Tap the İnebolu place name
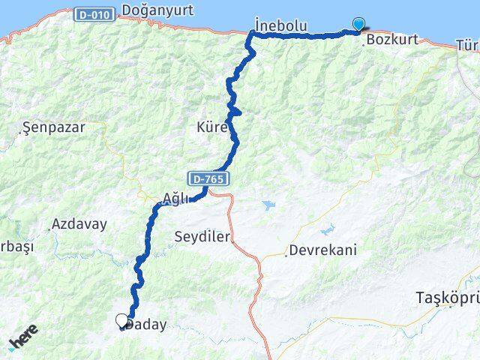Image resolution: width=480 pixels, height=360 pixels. pyautogui.click(x=280, y=25)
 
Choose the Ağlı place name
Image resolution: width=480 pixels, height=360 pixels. pyautogui.click(x=175, y=199)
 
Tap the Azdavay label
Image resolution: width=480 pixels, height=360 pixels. pyautogui.click(x=79, y=223)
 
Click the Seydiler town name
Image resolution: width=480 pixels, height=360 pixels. pyautogui.click(x=202, y=236)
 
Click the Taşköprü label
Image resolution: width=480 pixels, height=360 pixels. pyautogui.click(x=447, y=298)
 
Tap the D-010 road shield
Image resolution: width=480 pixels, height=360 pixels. pyautogui.click(x=93, y=14)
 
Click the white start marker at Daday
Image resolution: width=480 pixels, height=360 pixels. pyautogui.click(x=122, y=321)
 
